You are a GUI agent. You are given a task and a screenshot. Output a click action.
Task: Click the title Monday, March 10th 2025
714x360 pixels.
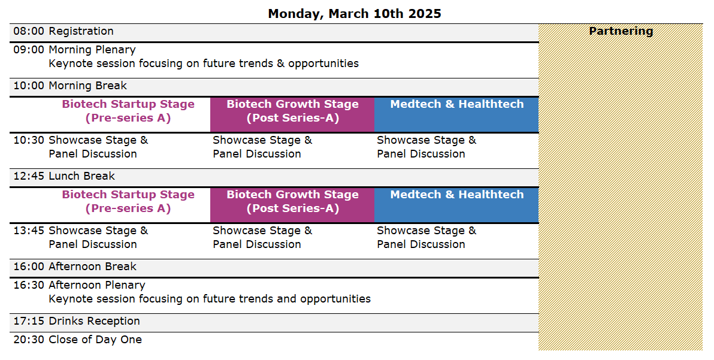[354, 14]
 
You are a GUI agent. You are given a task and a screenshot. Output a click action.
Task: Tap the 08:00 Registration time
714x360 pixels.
[29, 31]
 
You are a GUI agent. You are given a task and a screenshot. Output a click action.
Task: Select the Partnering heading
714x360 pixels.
[621, 31]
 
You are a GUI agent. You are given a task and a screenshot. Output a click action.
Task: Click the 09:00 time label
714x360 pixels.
[29, 50]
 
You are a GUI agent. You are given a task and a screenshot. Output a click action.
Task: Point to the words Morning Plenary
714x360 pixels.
[92, 50]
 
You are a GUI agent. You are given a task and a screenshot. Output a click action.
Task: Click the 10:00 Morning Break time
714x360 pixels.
[29, 86]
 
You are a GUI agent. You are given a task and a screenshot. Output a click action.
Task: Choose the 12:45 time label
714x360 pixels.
[29, 176]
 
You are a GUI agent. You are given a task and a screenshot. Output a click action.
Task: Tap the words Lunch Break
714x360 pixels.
[82, 176]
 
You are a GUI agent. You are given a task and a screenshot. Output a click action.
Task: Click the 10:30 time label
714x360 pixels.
[29, 140]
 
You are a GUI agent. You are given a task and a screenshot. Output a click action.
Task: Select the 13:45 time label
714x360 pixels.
[29, 231]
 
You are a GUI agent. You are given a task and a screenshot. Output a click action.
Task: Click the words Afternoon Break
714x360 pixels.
[92, 267]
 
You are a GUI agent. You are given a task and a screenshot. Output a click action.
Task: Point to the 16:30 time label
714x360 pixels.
[29, 285]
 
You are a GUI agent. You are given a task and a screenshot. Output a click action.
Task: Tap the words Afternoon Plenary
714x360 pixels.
[97, 285]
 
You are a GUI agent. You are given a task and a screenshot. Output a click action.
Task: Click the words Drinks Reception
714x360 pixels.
[94, 321]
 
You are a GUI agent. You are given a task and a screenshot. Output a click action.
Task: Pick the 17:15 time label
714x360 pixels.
[29, 321]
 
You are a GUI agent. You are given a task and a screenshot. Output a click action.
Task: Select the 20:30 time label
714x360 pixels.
[29, 340]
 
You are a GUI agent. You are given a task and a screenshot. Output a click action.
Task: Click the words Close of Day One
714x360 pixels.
[95, 340]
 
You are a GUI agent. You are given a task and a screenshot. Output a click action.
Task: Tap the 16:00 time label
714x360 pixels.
[29, 267]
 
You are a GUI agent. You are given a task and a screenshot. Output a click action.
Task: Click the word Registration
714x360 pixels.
[81, 32]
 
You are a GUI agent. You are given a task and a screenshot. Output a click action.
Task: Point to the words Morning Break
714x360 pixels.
[88, 86]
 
